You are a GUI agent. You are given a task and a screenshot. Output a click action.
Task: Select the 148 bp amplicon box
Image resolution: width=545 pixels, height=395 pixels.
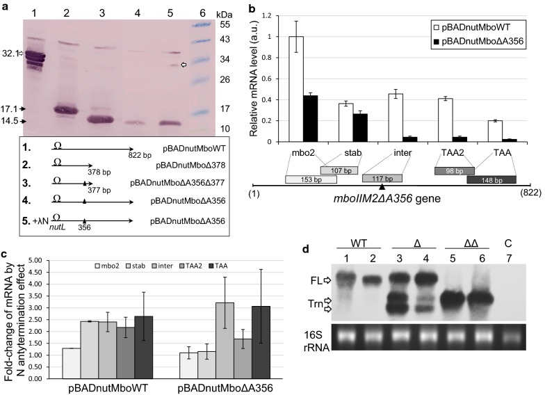[x=491, y=179]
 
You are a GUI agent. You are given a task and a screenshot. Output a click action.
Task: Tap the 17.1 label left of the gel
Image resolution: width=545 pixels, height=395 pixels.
[x=10, y=108]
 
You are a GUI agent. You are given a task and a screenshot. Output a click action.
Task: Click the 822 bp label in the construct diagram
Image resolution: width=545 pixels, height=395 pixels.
[x=137, y=154]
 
